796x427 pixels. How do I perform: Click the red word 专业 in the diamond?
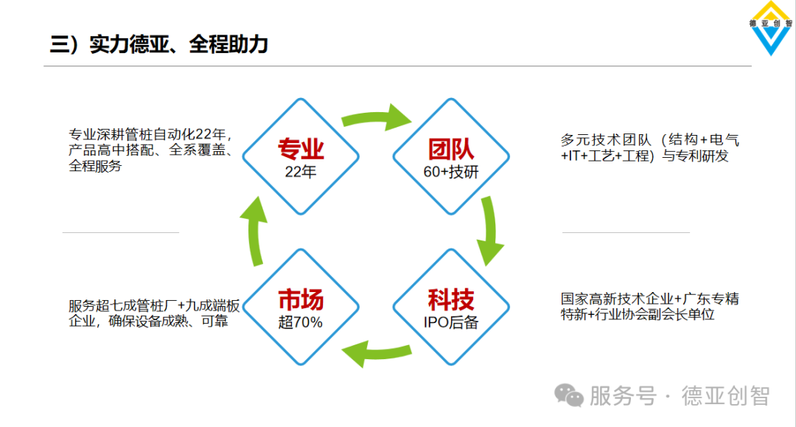[x=301, y=149]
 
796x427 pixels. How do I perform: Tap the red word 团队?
[x=451, y=149]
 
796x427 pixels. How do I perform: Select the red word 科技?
[x=451, y=299]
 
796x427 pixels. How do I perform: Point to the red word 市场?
[x=301, y=299]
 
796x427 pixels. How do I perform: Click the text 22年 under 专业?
[x=301, y=172]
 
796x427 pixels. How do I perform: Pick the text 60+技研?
[x=451, y=172]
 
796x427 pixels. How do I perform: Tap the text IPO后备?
[x=451, y=322]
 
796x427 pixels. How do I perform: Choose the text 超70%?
[x=301, y=322]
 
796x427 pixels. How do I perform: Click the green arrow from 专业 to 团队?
[x=376, y=117]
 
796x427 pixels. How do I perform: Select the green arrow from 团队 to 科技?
[x=489, y=231]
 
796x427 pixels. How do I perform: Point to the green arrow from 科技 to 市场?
[x=376, y=352]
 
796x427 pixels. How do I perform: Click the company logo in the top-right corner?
[x=771, y=28]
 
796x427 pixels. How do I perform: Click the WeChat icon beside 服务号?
[x=568, y=395]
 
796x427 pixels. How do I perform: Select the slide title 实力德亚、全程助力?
[x=178, y=45]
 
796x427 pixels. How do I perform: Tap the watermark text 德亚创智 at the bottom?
[x=725, y=396]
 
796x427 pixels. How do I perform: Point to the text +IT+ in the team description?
[x=574, y=156]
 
